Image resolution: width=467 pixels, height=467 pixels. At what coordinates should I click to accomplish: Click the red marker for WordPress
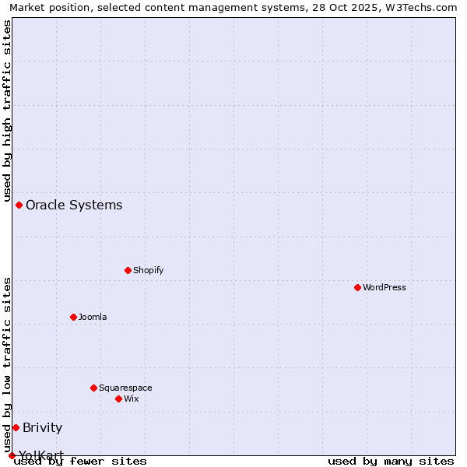click(x=357, y=287)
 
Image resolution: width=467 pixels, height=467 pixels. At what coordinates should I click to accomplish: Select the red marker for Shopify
click(x=128, y=270)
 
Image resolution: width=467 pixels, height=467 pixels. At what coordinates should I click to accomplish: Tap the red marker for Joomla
click(x=73, y=317)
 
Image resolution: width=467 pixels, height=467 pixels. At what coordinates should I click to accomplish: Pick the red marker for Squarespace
click(x=93, y=388)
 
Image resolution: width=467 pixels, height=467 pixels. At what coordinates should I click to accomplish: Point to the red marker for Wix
click(x=118, y=399)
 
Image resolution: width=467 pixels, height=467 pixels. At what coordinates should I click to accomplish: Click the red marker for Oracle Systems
click(x=19, y=205)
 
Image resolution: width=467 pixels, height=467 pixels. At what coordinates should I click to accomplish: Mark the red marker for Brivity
click(x=16, y=427)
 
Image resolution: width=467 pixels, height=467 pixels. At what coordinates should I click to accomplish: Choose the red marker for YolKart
click(x=12, y=455)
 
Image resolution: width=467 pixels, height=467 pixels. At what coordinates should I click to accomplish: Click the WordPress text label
click(x=384, y=287)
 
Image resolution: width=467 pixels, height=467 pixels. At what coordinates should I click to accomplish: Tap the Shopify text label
click(x=148, y=270)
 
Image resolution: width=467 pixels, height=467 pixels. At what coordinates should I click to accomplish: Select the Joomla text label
click(x=93, y=317)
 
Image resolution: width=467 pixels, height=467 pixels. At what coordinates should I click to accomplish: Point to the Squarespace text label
click(x=125, y=388)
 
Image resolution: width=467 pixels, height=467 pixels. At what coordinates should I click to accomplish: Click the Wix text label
click(x=132, y=399)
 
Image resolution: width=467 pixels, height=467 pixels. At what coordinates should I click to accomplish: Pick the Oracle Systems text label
click(x=74, y=205)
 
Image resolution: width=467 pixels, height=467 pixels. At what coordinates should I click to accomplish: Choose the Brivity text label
click(x=42, y=427)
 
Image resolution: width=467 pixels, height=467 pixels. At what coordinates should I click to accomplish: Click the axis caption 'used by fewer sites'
click(x=81, y=462)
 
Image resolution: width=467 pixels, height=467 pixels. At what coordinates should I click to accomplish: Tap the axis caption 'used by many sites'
click(x=391, y=462)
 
